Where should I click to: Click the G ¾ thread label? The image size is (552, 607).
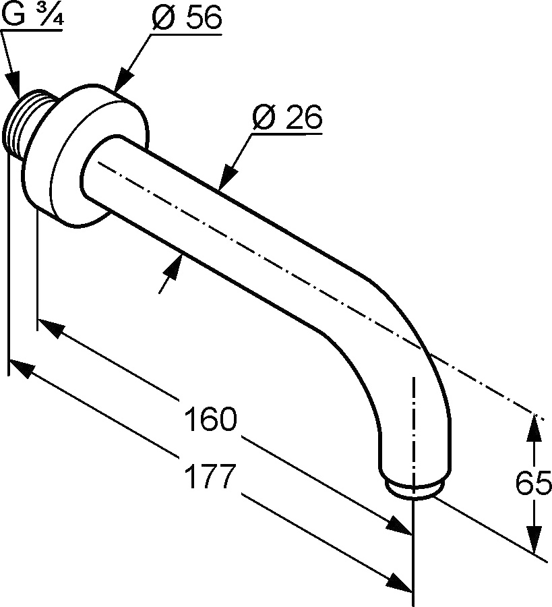click(x=32, y=15)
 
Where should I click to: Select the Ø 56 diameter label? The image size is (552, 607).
click(x=187, y=18)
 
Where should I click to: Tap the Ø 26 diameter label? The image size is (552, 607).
click(x=287, y=117)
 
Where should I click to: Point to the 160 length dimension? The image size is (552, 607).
click(x=210, y=418)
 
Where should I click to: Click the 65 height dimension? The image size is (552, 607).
click(x=533, y=483)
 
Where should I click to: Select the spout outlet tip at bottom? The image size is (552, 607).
click(x=414, y=489)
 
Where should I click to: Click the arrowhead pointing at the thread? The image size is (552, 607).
click(x=14, y=84)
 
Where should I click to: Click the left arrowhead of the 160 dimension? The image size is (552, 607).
click(x=51, y=328)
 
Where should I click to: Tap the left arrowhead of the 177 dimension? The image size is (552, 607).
click(x=21, y=368)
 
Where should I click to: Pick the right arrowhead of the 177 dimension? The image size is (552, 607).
click(x=400, y=581)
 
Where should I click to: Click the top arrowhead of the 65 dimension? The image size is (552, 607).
click(x=534, y=428)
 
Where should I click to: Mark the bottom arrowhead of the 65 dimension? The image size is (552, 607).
click(x=534, y=538)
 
